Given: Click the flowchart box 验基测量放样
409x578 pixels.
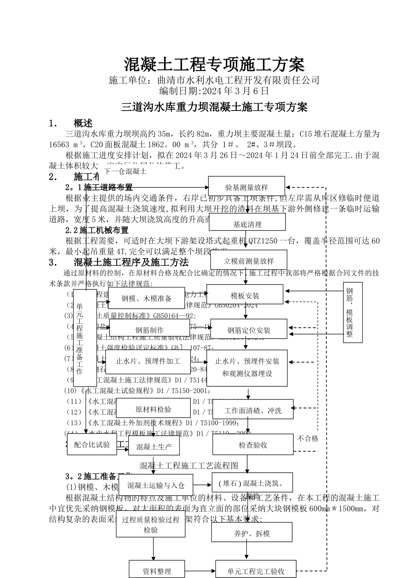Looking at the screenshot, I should pyautogui.click(x=247, y=187).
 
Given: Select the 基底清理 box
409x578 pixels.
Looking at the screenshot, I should pyautogui.click(x=248, y=224).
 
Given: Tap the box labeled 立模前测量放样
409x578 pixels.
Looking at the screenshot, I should pyautogui.click(x=249, y=261).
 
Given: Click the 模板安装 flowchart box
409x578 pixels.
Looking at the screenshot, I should pyautogui.click(x=245, y=296).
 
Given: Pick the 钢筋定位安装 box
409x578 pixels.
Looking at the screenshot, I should pyautogui.click(x=249, y=330).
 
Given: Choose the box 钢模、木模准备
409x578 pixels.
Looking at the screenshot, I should pyautogui.click(x=146, y=298).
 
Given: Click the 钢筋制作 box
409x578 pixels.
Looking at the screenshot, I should pyautogui.click(x=149, y=330).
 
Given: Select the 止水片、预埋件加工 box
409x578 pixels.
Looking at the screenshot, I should pyautogui.click(x=148, y=361).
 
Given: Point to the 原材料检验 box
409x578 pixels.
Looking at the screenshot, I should pyautogui.click(x=153, y=409).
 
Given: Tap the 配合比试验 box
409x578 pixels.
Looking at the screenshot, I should pyautogui.click(x=92, y=444).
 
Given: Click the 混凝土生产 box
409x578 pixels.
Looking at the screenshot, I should pyautogui.click(x=154, y=447).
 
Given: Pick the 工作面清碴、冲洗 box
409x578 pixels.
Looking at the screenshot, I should pyautogui.click(x=253, y=411).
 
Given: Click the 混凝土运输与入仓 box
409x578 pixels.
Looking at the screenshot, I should pyautogui.click(x=156, y=485).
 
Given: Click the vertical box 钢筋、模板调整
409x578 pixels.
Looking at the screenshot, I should pyautogui.click(x=353, y=313).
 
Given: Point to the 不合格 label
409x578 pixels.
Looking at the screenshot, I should pyautogui.click(x=308, y=438).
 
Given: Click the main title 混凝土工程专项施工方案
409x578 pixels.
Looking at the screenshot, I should pyautogui.click(x=214, y=65).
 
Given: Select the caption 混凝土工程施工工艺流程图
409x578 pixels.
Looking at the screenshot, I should pyautogui.click(x=189, y=465).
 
